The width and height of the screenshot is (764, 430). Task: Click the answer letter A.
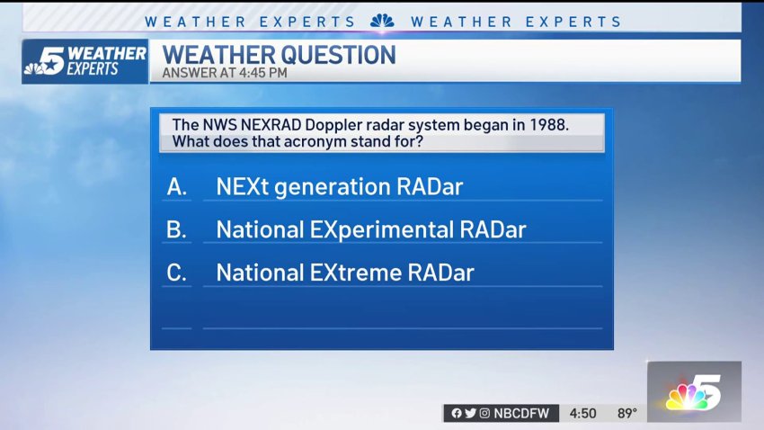click(x=176, y=187)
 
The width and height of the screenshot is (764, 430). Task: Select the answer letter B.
click(x=176, y=229)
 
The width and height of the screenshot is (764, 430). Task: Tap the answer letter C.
click(x=176, y=273)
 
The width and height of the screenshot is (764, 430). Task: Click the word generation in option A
click(x=333, y=188)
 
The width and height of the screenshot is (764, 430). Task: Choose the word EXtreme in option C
click(x=356, y=273)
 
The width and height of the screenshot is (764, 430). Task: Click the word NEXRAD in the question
click(x=271, y=125)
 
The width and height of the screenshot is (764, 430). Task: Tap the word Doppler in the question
click(x=333, y=126)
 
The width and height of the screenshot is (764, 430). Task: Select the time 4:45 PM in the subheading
click(x=263, y=73)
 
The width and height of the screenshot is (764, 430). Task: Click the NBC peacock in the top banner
click(x=383, y=21)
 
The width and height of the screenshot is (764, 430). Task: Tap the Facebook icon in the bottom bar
click(x=456, y=414)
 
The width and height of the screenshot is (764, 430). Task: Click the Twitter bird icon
click(x=470, y=414)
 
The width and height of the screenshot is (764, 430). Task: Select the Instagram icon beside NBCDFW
click(x=484, y=414)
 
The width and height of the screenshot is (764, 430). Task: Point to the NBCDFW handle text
click(x=520, y=414)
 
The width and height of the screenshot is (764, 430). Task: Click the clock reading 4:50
click(x=582, y=414)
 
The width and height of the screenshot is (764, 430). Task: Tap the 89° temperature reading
click(x=627, y=414)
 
